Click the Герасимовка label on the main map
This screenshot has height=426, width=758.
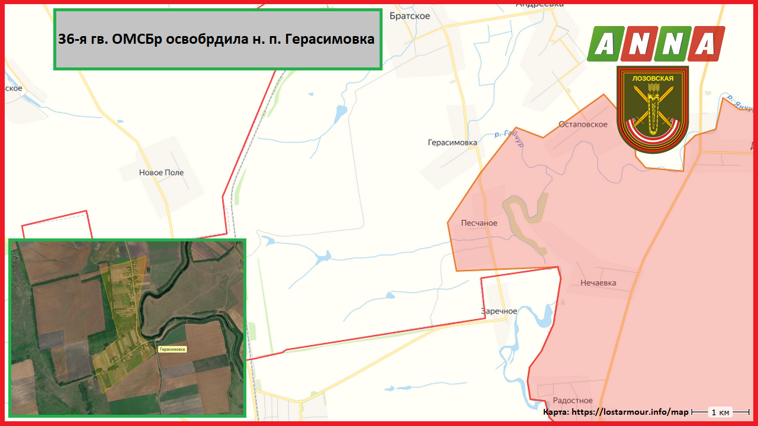tap(452, 143)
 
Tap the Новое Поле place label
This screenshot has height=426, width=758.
tap(161, 173)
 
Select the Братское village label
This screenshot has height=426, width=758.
tap(410, 16)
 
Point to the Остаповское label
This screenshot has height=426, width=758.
tap(583, 124)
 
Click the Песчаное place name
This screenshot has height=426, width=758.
tap(479, 223)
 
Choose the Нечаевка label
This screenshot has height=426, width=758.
tap(598, 283)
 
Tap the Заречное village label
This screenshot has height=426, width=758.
tap(499, 311)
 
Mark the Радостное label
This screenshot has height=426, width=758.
tap(573, 401)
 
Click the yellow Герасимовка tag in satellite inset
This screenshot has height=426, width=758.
tap(172, 349)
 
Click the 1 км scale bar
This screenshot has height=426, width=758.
tap(720, 411)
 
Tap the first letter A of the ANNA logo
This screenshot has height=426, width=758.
tap(604, 44)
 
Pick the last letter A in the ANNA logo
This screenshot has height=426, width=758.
tap(707, 44)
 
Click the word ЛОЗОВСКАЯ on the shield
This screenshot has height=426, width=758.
tap(653, 77)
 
